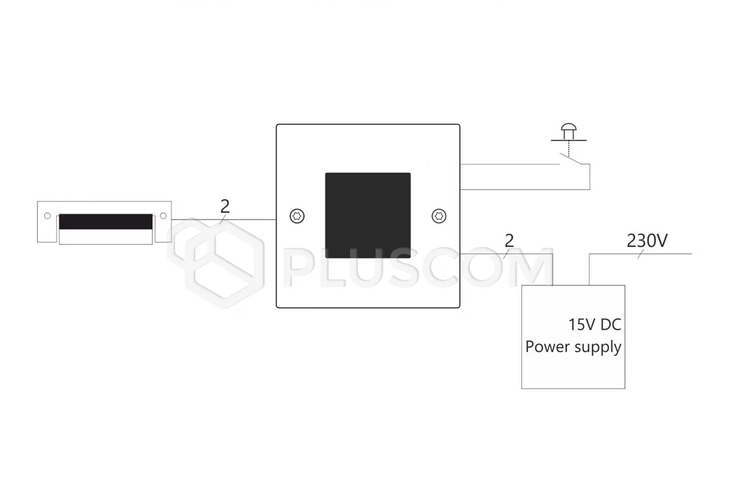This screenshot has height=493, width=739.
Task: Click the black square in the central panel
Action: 368,215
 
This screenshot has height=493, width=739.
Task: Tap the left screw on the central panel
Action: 297,216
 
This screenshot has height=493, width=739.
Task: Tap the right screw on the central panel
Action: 439,216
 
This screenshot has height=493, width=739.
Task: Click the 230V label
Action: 647,241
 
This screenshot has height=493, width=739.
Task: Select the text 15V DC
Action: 594,325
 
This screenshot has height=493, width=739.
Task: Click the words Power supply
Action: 573,347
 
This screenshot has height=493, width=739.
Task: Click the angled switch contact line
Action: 575,158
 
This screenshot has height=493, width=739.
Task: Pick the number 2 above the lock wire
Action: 225,207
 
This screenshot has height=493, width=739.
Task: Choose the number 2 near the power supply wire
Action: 510,241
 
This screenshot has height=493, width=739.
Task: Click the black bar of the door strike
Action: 105,221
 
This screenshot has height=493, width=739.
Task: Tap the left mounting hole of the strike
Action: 47,216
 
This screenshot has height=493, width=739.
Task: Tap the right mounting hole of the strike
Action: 163,216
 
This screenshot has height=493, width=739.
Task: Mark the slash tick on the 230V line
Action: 640,254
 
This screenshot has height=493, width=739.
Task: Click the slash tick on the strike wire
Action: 223,220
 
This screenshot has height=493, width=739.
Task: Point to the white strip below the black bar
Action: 105,237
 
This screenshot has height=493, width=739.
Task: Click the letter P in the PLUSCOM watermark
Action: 300,267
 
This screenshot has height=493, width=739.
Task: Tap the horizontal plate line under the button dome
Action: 569,140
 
